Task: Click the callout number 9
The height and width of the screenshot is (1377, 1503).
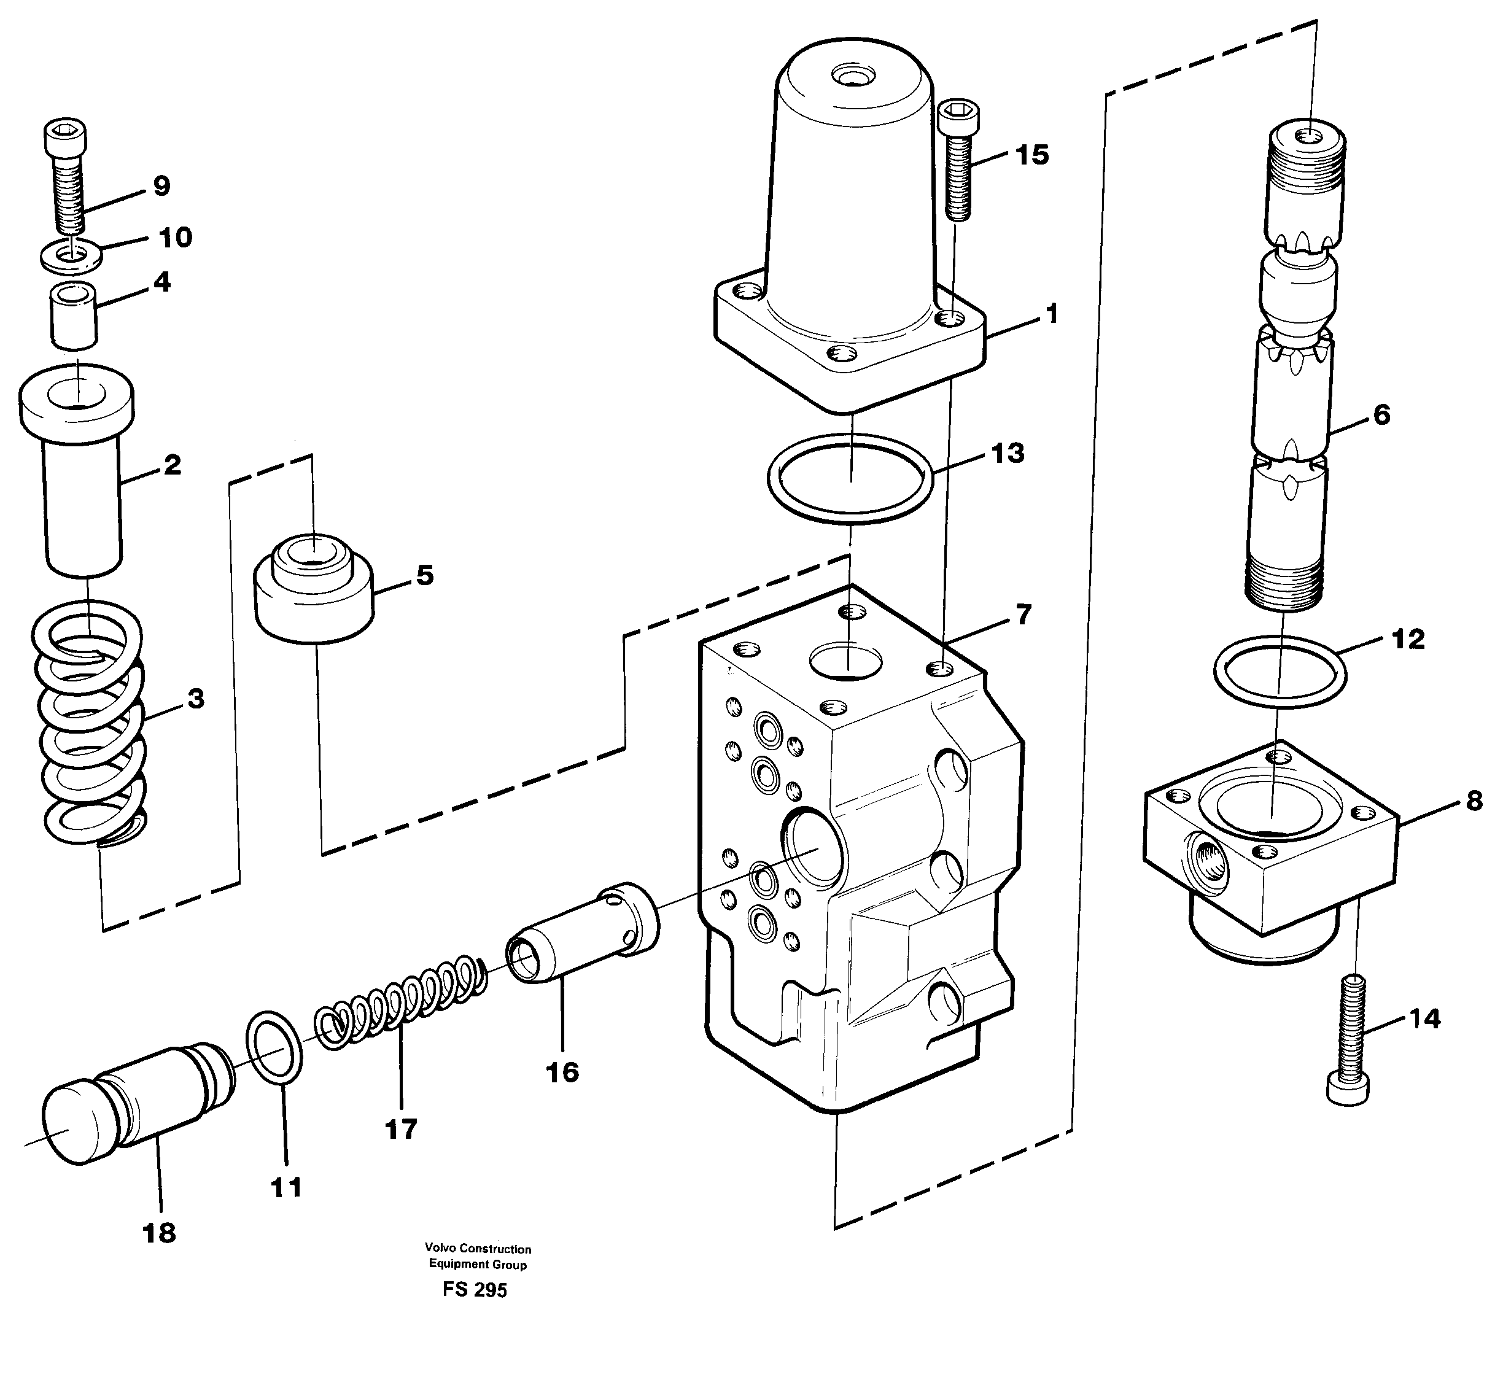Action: [x=162, y=185]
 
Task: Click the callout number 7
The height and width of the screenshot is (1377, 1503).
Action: [x=1023, y=615]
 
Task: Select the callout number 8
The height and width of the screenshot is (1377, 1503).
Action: [x=1474, y=801]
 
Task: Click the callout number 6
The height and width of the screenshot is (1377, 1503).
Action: [x=1381, y=415]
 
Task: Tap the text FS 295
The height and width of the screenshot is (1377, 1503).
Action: [x=474, y=1290]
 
